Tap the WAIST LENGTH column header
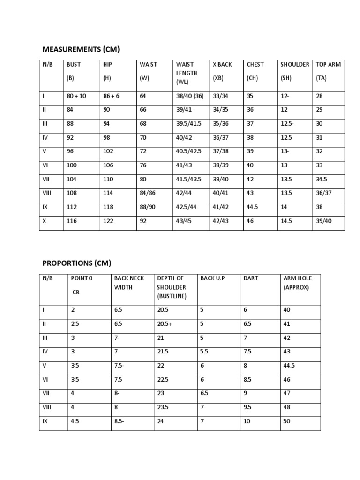coord(187,73)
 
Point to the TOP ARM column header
coord(328,64)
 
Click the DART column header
coord(251,278)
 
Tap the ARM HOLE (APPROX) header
coord(297,283)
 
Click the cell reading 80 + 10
coord(76,96)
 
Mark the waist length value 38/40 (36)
coord(190,96)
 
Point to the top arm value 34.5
coord(322,179)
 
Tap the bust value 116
coord(72,221)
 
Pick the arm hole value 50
coord(287,421)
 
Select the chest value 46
coord(250,221)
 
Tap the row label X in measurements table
coord(44,221)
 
